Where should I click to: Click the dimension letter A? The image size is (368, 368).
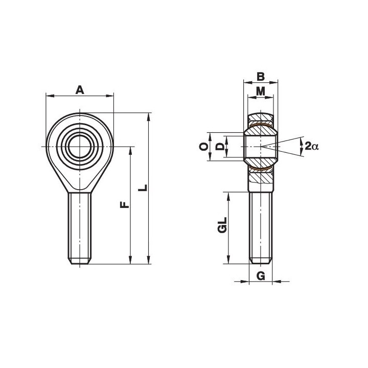[x=80, y=90]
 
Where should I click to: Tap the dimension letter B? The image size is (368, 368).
[x=261, y=77]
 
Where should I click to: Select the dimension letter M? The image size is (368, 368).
[x=261, y=91]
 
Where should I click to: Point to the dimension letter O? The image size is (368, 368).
[x=204, y=147]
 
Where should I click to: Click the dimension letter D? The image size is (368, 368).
[x=220, y=147]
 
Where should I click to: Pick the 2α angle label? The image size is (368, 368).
[x=312, y=146]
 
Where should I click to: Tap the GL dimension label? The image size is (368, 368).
[x=222, y=225]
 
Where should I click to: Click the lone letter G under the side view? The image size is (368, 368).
[x=261, y=275]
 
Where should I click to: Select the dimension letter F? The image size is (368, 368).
[x=125, y=204]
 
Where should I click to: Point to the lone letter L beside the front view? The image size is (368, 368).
[x=143, y=188]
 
